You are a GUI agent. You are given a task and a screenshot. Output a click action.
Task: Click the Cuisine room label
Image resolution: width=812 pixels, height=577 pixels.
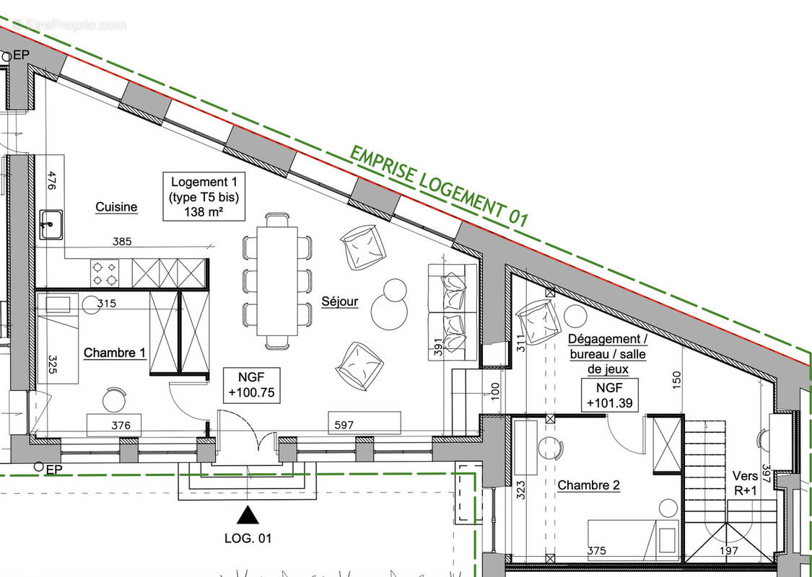116,208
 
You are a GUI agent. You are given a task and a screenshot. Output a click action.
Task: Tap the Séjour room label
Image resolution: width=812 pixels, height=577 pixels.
339,301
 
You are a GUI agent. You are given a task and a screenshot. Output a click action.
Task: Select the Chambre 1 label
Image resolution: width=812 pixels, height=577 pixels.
115,353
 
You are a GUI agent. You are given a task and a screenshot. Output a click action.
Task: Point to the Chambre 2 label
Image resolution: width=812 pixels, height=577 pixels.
588,485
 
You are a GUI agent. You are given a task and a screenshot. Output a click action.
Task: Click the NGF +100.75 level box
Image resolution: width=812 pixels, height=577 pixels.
249,385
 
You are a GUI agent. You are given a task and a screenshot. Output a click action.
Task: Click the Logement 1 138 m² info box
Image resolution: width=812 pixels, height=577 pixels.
204,197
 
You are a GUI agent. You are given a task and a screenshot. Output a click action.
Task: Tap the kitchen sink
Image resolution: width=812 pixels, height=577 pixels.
51,224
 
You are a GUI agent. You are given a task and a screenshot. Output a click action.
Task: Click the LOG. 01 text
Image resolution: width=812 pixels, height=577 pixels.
248,538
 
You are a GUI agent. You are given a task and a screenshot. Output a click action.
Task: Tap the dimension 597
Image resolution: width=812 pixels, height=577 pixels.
344,425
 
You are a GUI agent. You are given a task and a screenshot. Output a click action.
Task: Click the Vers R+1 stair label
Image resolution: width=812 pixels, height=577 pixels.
746,483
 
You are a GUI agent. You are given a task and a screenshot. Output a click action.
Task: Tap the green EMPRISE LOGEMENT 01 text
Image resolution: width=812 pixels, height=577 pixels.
439,187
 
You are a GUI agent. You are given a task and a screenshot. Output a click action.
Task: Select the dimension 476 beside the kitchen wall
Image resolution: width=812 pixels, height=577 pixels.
51,180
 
